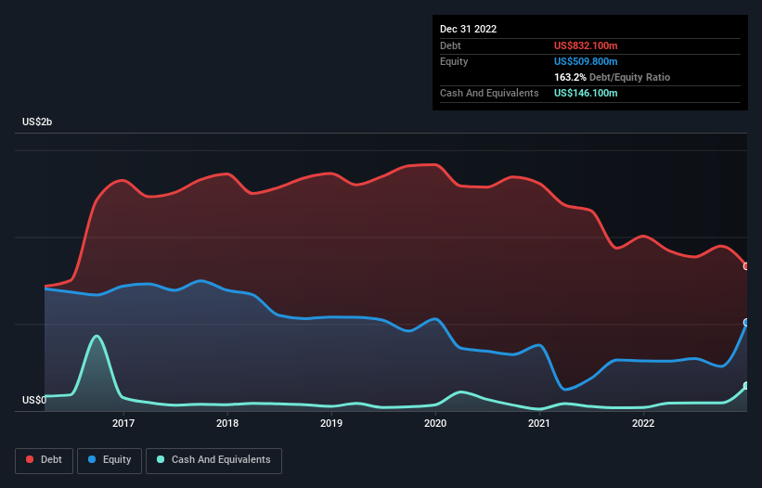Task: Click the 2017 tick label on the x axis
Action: (x=123, y=424)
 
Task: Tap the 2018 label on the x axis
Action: (x=227, y=424)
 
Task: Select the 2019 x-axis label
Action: (x=331, y=424)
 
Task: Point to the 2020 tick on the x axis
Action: (x=435, y=424)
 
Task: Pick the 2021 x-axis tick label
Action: (x=539, y=424)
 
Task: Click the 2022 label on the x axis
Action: (x=643, y=424)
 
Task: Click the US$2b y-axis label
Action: (x=38, y=122)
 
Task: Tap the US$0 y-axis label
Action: (x=33, y=401)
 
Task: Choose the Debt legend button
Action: (x=44, y=460)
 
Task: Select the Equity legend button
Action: (x=110, y=460)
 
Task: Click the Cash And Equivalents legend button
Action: (x=213, y=460)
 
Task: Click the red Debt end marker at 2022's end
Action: (x=746, y=266)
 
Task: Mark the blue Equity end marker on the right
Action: (x=746, y=323)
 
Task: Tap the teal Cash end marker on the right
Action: (x=746, y=386)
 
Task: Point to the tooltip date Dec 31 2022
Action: (x=469, y=29)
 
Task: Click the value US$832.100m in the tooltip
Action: (x=586, y=45)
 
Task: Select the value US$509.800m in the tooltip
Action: (x=586, y=61)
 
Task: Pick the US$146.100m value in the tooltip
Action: (x=586, y=93)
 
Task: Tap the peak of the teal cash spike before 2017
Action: (x=96, y=336)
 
